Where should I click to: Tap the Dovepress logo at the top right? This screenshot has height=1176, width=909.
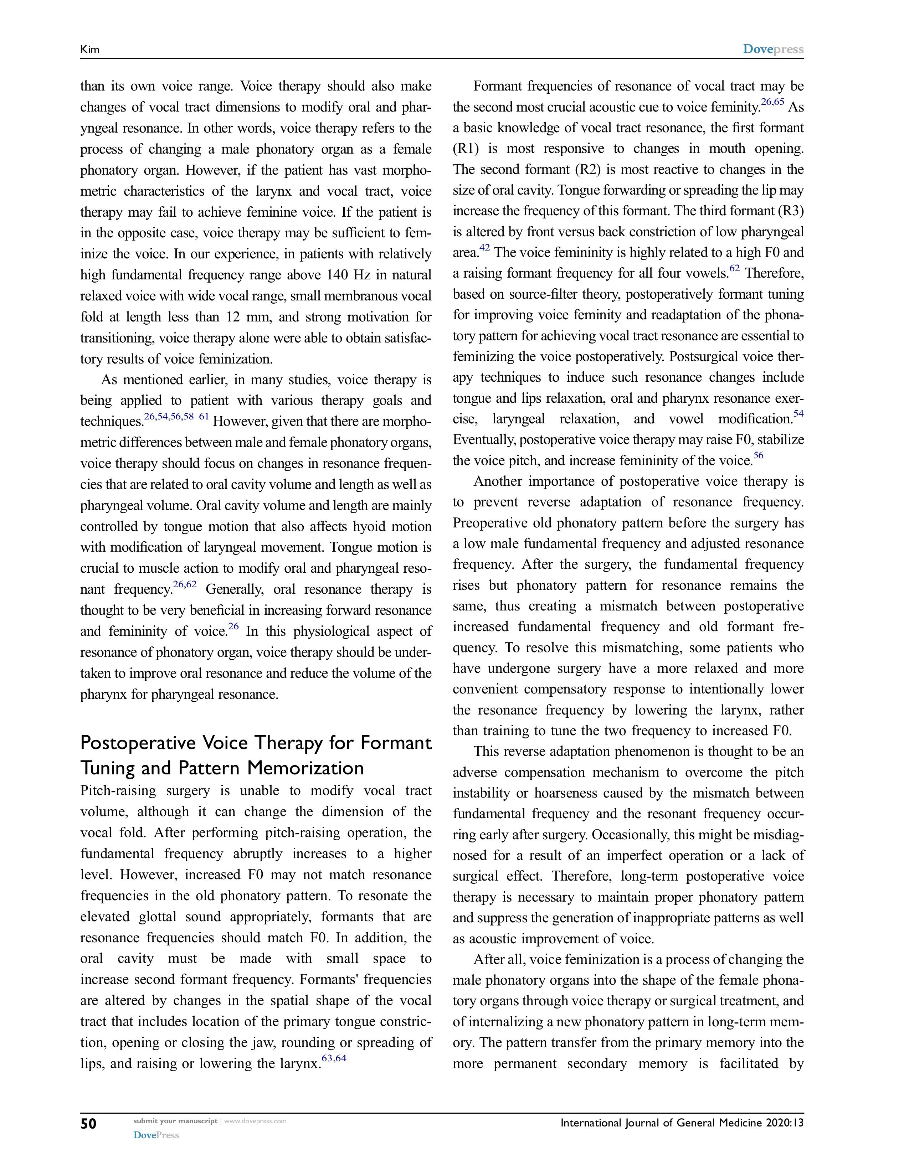pos(773,49)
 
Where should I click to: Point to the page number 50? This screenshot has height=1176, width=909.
pos(88,1123)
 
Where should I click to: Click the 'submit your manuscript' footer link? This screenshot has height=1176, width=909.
pos(175,1121)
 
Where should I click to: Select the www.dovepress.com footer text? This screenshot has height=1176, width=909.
pos(255,1121)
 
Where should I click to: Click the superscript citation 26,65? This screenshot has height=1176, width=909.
pos(772,102)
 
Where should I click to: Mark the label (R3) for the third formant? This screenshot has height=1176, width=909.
pos(791,211)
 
